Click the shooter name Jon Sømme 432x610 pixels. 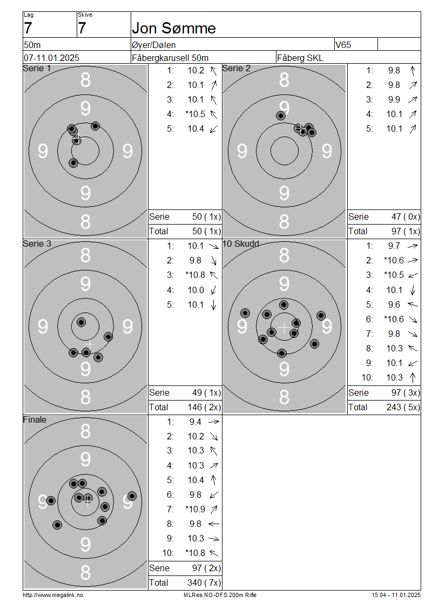pos(173,28)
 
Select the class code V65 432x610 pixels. pos(343,45)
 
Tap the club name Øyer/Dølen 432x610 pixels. pos(153,45)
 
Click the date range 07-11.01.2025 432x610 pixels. pos(51,58)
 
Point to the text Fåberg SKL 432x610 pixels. pos(300,58)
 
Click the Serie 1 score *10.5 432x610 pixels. pos(195,114)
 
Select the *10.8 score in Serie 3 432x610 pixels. pos(195,275)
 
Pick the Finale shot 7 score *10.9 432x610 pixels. pos(195,509)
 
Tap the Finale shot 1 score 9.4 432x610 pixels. pos(195,422)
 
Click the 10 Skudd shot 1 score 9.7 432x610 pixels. pos(394,246)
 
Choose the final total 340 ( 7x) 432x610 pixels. pos(204,582)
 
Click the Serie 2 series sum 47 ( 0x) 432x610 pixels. pos(406,216)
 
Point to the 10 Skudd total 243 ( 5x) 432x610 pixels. pos(403,407)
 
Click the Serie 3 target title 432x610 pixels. pos(37,243)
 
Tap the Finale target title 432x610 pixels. pos(35,419)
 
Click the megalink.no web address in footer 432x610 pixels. pos(53,595)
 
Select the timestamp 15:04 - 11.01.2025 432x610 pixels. pos(396,595)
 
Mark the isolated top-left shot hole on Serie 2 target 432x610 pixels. pos(281,116)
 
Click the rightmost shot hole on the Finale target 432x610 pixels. pos(132,496)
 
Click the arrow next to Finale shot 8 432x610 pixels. pos(214,524)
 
